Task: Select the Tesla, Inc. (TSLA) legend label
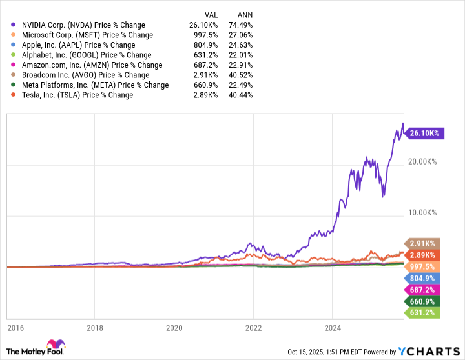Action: pos(77,95)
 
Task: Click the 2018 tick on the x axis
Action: pos(95,326)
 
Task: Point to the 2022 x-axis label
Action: pos(253,326)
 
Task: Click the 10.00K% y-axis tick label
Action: pos(421,212)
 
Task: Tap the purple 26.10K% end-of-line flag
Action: pos(424,134)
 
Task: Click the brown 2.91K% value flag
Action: pos(423,243)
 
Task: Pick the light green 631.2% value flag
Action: pos(423,313)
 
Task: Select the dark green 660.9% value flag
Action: pos(423,301)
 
